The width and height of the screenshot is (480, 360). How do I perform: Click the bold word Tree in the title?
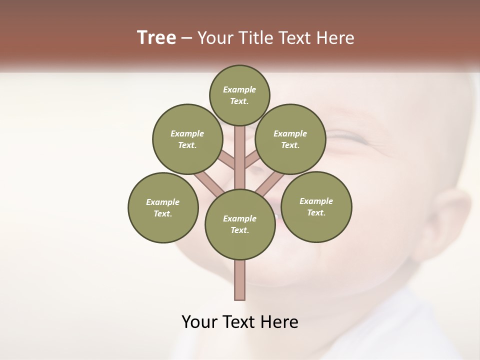(156, 38)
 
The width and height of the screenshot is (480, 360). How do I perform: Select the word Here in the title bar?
(337, 38)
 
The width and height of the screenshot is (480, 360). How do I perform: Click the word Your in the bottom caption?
(200, 322)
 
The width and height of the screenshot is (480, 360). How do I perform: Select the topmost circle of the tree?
(239, 95)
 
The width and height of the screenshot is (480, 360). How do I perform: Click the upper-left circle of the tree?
(187, 139)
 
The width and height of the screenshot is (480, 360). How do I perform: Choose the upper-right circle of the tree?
(290, 139)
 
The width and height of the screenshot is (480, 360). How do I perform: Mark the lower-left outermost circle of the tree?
(163, 207)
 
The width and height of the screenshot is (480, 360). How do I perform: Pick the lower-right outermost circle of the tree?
(316, 206)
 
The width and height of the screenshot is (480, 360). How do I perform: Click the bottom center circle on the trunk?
(240, 224)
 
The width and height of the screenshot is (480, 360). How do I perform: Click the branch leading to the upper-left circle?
(228, 161)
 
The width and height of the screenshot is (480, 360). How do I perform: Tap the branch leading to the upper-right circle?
(251, 160)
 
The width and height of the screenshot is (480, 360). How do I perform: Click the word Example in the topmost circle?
(239, 89)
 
